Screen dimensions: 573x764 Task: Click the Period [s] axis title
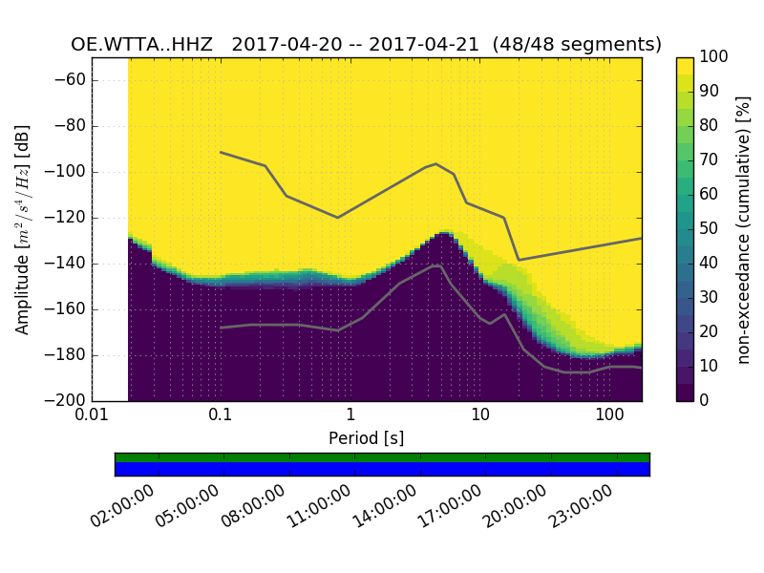point(366,438)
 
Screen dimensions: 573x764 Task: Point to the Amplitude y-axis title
point(23,229)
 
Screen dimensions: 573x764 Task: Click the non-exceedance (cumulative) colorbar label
point(744,229)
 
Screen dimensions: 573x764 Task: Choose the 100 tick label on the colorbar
point(714,57)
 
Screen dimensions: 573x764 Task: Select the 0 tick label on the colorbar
point(706,400)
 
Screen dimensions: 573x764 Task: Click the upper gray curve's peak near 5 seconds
point(436,163)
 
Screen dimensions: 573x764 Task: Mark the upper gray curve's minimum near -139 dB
point(519,260)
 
